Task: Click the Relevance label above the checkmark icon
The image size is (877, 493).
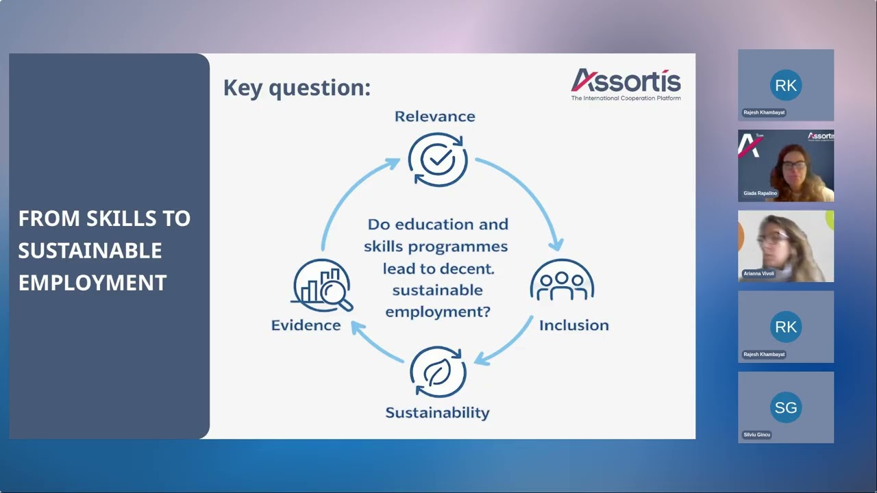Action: pos(434,116)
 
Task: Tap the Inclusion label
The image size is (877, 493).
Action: pos(573,325)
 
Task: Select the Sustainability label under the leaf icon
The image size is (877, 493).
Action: pos(437,412)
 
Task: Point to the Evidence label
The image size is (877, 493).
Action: pos(306,325)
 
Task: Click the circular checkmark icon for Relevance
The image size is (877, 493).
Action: pos(438,160)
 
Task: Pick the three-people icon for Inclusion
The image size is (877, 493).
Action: pos(562,281)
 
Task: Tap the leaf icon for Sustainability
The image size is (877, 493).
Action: pos(438,372)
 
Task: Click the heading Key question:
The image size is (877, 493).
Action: pos(297,88)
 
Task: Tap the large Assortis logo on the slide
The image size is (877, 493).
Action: pos(626,81)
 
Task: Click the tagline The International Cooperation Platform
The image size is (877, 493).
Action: pos(626,99)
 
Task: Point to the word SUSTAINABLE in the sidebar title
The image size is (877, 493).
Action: pos(90,251)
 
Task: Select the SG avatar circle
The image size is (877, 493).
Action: pos(785,407)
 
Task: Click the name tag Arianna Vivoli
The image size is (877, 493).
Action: pos(759,274)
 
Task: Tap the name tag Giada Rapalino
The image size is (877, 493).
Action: pos(761,194)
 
